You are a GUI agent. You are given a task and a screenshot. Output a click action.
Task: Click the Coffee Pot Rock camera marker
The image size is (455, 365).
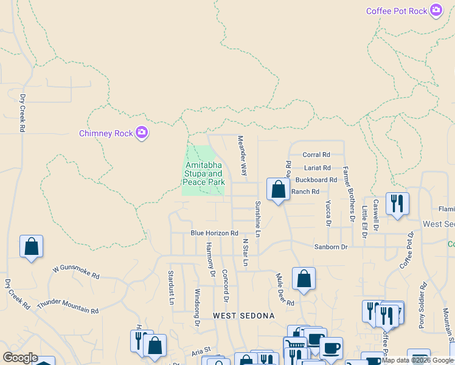coord(436,10)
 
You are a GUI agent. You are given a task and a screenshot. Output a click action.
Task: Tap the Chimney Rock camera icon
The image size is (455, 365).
coord(142,133)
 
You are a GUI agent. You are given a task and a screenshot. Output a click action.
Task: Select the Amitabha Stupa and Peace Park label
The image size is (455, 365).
coord(204,173)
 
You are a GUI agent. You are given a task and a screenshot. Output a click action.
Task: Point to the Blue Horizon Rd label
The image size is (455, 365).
coord(214,233)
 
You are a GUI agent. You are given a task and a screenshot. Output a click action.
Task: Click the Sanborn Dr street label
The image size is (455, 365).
coord(330,247)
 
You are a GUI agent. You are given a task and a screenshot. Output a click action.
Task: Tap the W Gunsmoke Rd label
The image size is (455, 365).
coord(76,271)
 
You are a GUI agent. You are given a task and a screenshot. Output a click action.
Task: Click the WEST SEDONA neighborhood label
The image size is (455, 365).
coord(244,316)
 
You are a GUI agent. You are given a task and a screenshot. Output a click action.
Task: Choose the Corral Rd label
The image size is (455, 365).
coord(316,155)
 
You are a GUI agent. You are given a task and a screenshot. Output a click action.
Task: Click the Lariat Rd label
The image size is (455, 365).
coord(317,168)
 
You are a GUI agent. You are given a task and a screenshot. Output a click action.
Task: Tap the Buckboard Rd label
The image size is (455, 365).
coord(316,180)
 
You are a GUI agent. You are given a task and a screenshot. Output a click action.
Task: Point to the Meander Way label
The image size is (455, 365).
coord(243,156)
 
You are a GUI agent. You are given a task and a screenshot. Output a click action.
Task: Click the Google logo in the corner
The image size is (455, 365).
coord(20,358)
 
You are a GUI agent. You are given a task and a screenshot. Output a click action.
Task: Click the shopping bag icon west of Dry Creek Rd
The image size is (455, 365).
coord(31,246)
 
